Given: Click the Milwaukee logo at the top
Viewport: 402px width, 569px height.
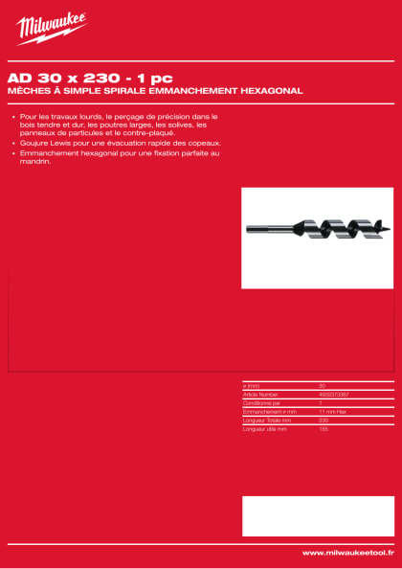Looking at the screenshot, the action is [x=51, y=29].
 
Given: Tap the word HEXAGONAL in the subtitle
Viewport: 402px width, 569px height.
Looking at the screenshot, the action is [x=268, y=90].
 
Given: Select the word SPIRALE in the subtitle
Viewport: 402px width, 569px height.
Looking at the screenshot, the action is [x=123, y=90].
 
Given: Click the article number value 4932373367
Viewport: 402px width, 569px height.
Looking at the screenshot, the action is [x=334, y=394].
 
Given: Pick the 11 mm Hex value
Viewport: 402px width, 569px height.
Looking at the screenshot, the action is [x=332, y=411].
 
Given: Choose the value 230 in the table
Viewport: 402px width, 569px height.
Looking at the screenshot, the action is [x=324, y=420].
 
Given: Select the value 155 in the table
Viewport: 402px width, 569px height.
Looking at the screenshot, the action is [x=324, y=428].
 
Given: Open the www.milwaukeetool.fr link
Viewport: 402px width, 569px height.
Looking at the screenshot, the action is [x=347, y=553].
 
